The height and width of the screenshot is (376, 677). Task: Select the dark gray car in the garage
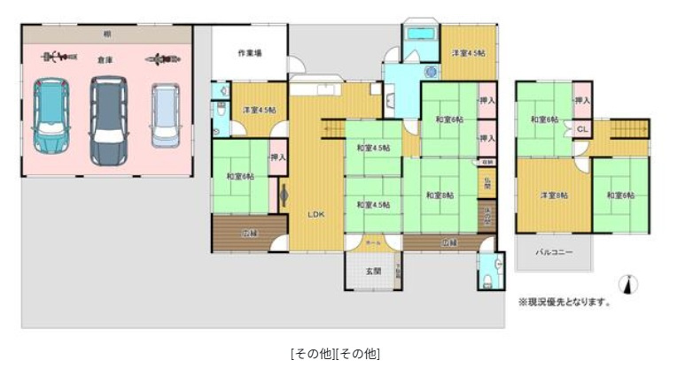pos(108,119)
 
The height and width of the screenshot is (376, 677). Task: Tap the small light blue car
pos(164,114)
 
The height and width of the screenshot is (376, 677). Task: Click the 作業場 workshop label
pos(249,53)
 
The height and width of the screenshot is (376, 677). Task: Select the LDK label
pos(315,214)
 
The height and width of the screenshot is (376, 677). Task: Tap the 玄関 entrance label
pos(373,272)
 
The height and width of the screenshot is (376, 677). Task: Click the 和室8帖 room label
pos(440,196)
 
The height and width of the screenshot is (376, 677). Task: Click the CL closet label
pos(581,129)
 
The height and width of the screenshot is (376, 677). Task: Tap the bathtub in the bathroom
pos(417,33)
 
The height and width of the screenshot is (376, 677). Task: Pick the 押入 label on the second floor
pos(582,101)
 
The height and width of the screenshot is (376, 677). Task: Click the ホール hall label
pos(373,241)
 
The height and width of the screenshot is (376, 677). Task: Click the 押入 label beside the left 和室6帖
pos(277,157)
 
